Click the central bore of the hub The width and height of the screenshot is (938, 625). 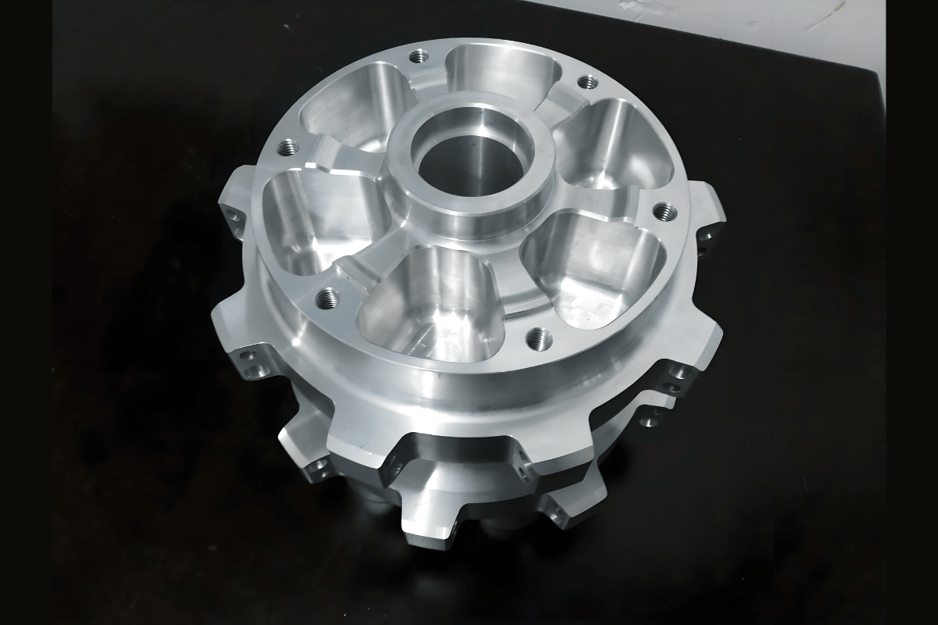tap(469, 166)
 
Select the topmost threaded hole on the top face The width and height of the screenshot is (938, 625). tap(420, 56)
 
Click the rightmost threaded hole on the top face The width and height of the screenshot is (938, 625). tap(664, 209)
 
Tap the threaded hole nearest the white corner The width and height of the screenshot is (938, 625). tap(586, 81)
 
